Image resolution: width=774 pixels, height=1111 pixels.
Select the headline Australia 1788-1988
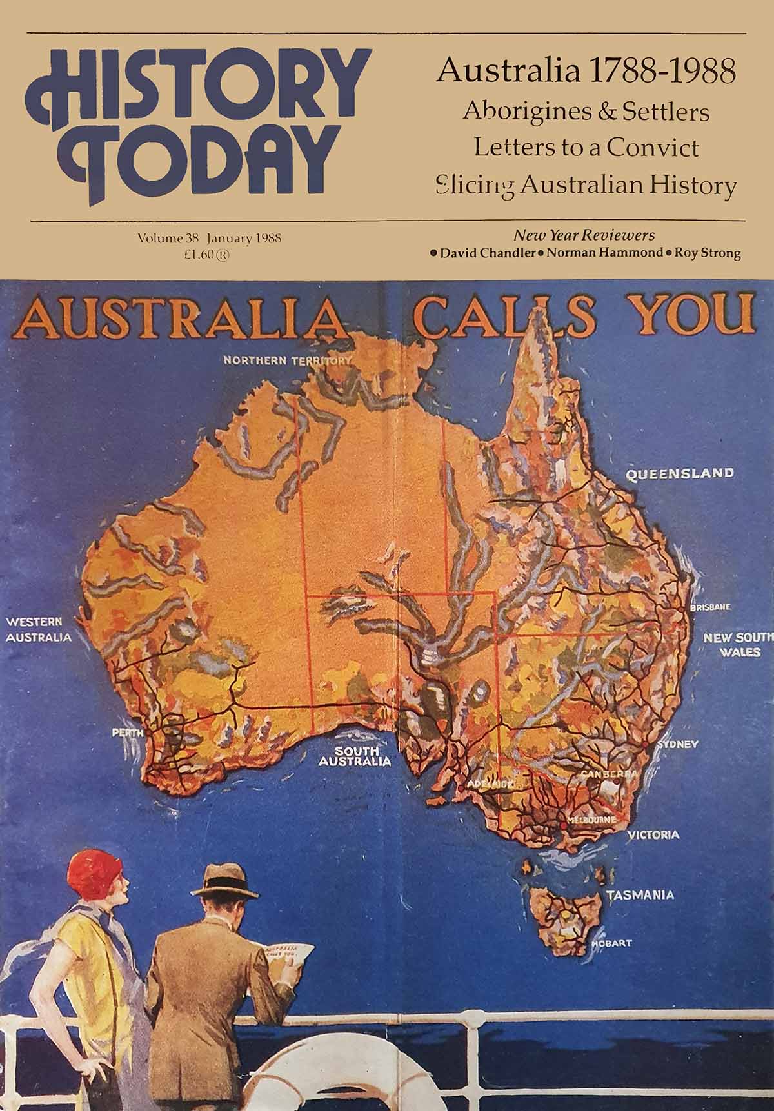click(586, 71)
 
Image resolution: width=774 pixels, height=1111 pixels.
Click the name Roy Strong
click(707, 253)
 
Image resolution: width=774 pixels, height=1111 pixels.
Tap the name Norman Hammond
click(602, 253)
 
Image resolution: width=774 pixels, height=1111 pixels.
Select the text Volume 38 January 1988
click(210, 239)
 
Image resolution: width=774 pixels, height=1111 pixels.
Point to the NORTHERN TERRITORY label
click(288, 360)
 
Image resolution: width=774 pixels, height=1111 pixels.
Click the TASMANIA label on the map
click(640, 895)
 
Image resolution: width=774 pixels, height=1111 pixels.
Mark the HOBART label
click(612, 944)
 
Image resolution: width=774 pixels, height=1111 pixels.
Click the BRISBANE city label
click(710, 607)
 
